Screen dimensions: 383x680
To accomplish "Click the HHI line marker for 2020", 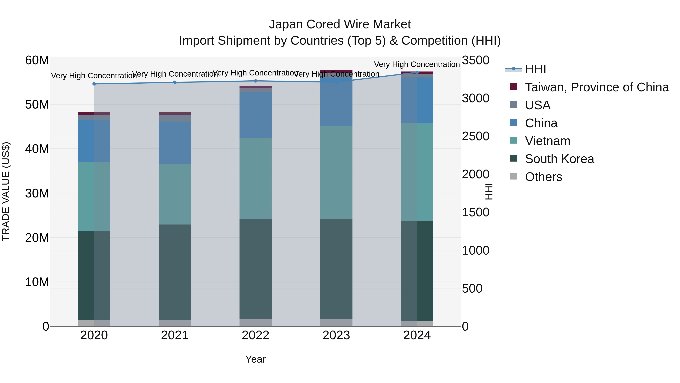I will pos(94,84).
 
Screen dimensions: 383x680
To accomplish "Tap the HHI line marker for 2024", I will pos(417,72).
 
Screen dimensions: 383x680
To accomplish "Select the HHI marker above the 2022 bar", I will pos(256,81).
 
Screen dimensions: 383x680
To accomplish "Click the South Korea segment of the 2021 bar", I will pos(175,272).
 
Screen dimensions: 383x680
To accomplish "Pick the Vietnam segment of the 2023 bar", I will pos(336,172).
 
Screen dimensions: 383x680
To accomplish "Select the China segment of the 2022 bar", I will pos(256,115).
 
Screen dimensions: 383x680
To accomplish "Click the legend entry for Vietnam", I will pos(547,141).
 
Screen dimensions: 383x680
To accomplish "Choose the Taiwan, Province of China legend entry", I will pos(597,87).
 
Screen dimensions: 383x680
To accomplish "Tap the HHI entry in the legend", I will pos(535,69).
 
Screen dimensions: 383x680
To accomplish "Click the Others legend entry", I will pos(543,177).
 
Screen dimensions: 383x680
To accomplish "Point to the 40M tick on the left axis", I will pos(37,149).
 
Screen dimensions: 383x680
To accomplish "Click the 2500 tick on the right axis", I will pos(475,136).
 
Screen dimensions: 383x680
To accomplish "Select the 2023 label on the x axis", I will pos(336,335).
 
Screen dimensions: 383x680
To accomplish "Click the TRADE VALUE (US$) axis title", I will pos(6,192).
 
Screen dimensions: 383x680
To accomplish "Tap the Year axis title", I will pos(256,359).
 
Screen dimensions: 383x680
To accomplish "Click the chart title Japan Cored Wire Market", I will pos(340,24).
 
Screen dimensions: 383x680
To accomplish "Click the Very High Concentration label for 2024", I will pos(417,64).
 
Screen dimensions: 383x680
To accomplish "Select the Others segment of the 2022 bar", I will pos(256,322).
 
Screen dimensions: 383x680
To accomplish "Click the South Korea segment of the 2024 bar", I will pos(417,271).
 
